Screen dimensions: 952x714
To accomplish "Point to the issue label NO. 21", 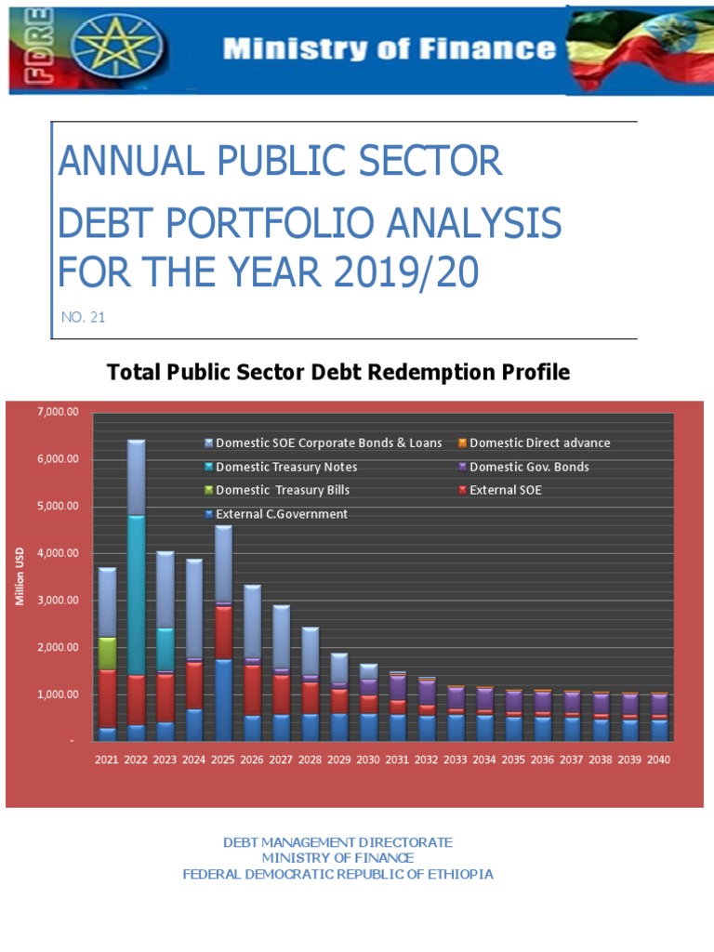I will (x=83, y=317).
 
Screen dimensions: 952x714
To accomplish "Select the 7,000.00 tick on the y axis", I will (x=58, y=412).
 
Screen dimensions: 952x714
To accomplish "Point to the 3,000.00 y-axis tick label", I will (x=58, y=601).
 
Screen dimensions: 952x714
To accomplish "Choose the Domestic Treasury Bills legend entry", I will (x=283, y=490).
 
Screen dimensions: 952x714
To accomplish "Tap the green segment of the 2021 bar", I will (x=107, y=653).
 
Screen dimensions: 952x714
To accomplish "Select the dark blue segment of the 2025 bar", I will (x=223, y=699).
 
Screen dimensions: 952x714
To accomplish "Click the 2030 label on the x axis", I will (x=368, y=760).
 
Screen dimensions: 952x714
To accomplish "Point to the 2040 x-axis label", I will (x=658, y=760).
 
